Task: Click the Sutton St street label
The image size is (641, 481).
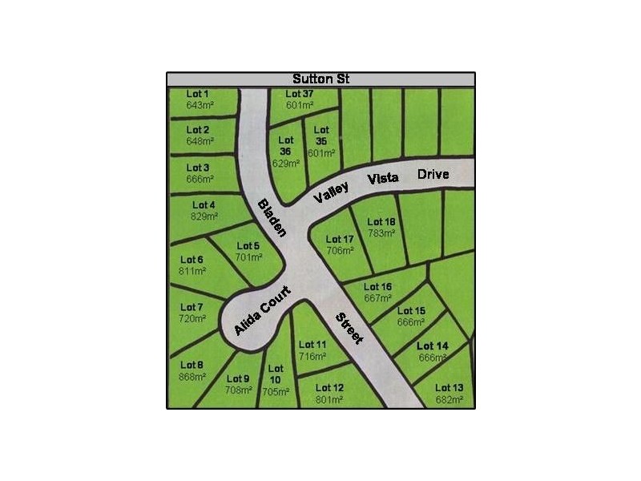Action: click(320, 79)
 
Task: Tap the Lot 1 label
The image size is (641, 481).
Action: click(198, 94)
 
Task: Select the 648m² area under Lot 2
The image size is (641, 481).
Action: click(200, 141)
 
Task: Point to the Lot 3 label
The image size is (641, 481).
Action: click(198, 168)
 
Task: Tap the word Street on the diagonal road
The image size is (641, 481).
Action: click(349, 329)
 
